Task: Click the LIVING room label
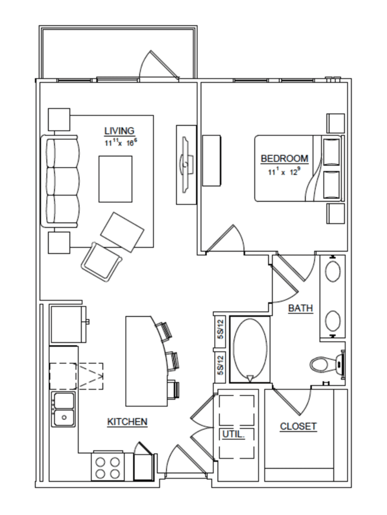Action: tap(120, 131)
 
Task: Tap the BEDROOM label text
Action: tap(284, 159)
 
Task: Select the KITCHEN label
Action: tap(128, 422)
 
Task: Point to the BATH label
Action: tap(300, 308)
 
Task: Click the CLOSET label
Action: tap(298, 426)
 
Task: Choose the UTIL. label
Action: tap(233, 434)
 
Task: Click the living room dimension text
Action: tap(121, 142)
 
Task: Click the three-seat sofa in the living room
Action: tap(60, 181)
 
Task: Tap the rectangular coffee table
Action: tap(115, 179)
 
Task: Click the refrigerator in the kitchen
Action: tap(69, 324)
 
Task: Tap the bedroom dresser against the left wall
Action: tap(211, 161)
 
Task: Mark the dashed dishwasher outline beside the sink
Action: tap(76, 376)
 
